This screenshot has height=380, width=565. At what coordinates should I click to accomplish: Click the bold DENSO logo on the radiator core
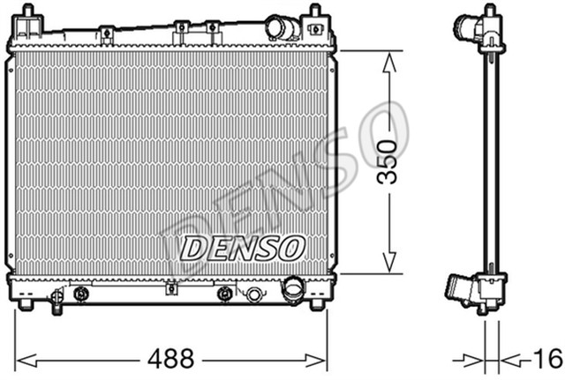243,249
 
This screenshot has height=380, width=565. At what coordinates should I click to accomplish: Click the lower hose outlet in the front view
293,290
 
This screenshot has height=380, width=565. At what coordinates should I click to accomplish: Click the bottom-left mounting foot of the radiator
26,305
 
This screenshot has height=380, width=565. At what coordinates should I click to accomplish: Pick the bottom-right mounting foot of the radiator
316,305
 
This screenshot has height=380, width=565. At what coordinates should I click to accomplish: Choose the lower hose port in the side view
459,288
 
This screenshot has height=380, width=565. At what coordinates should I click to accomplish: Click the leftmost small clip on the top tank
105,35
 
